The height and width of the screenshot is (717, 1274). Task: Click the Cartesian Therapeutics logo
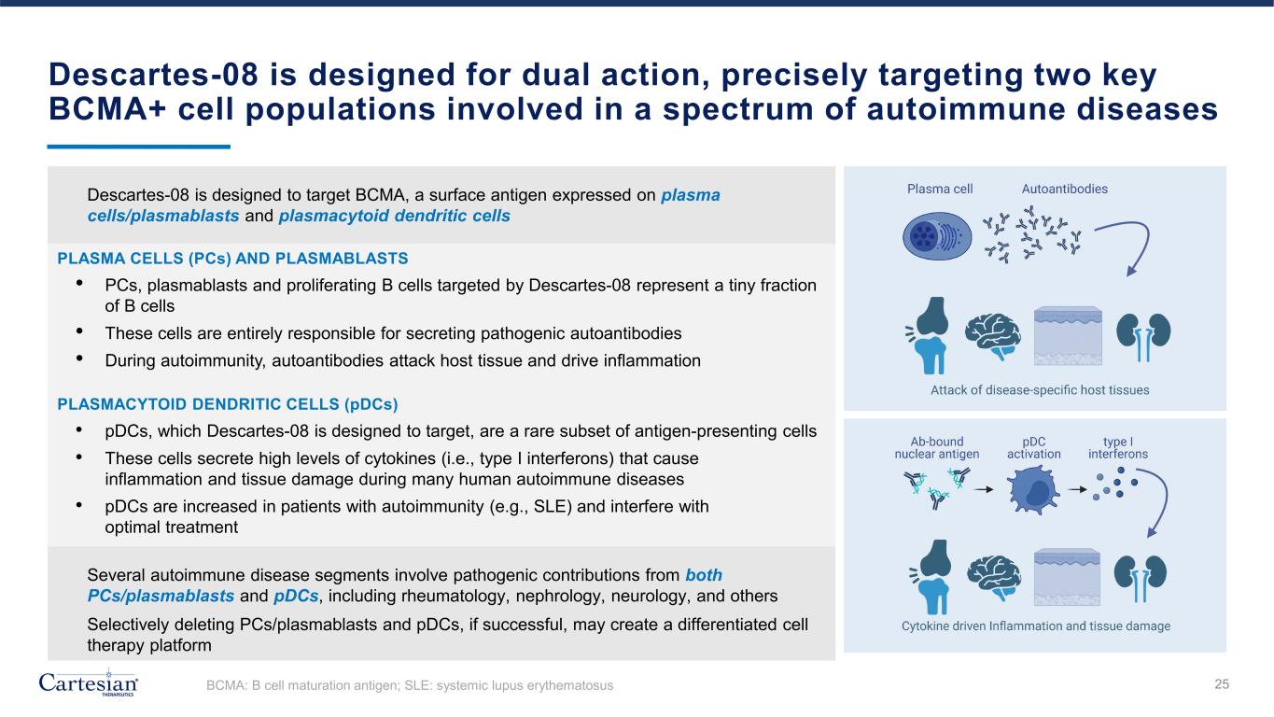(88, 682)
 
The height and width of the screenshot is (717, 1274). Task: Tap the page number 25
(1222, 684)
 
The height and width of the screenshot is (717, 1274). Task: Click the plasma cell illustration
(937, 236)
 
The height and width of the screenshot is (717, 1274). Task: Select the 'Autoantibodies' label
(1065, 189)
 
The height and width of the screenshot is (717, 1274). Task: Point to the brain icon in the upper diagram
(993, 336)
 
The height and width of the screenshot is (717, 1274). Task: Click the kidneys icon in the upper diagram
(1143, 337)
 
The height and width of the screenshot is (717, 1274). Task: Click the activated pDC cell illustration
(1033, 490)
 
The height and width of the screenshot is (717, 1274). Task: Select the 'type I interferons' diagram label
(1118, 448)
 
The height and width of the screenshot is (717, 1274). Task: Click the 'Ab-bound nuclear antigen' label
(937, 448)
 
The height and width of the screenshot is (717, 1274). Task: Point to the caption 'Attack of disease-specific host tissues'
(1040, 390)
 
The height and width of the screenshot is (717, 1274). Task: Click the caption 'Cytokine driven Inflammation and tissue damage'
(1036, 626)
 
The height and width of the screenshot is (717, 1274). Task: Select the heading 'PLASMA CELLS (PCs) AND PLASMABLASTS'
(232, 259)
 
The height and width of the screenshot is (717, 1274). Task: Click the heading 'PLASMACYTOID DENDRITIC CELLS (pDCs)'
(228, 404)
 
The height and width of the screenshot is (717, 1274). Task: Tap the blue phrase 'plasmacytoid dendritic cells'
(394, 217)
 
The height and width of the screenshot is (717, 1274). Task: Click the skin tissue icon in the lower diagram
(1067, 577)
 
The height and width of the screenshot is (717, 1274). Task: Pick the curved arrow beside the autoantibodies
(1146, 238)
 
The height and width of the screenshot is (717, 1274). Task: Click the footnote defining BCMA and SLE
(410, 685)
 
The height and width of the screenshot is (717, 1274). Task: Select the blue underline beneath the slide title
(139, 147)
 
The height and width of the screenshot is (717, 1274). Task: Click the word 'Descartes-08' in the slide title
(154, 75)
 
